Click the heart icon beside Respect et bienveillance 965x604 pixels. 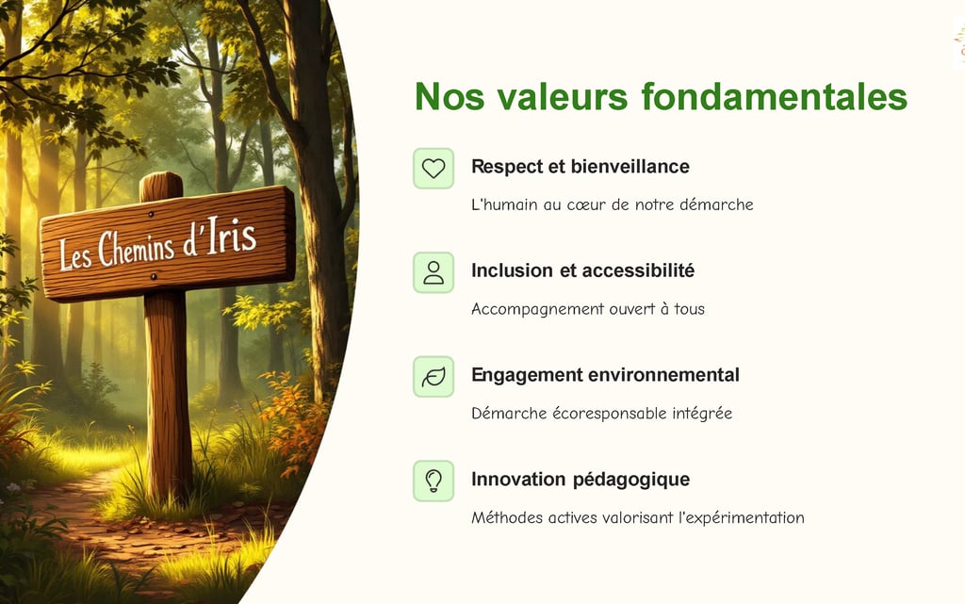tap(433, 168)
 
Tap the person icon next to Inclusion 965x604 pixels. tap(433, 272)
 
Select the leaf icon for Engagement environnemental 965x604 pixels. tap(433, 377)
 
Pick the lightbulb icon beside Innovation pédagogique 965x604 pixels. tap(433, 481)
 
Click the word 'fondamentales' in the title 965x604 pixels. tap(775, 96)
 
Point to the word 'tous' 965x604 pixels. tap(689, 309)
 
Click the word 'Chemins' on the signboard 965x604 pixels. tap(136, 248)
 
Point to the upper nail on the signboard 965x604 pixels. tap(152, 215)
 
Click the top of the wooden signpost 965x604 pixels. tap(161, 173)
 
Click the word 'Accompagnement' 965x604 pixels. tap(537, 309)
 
